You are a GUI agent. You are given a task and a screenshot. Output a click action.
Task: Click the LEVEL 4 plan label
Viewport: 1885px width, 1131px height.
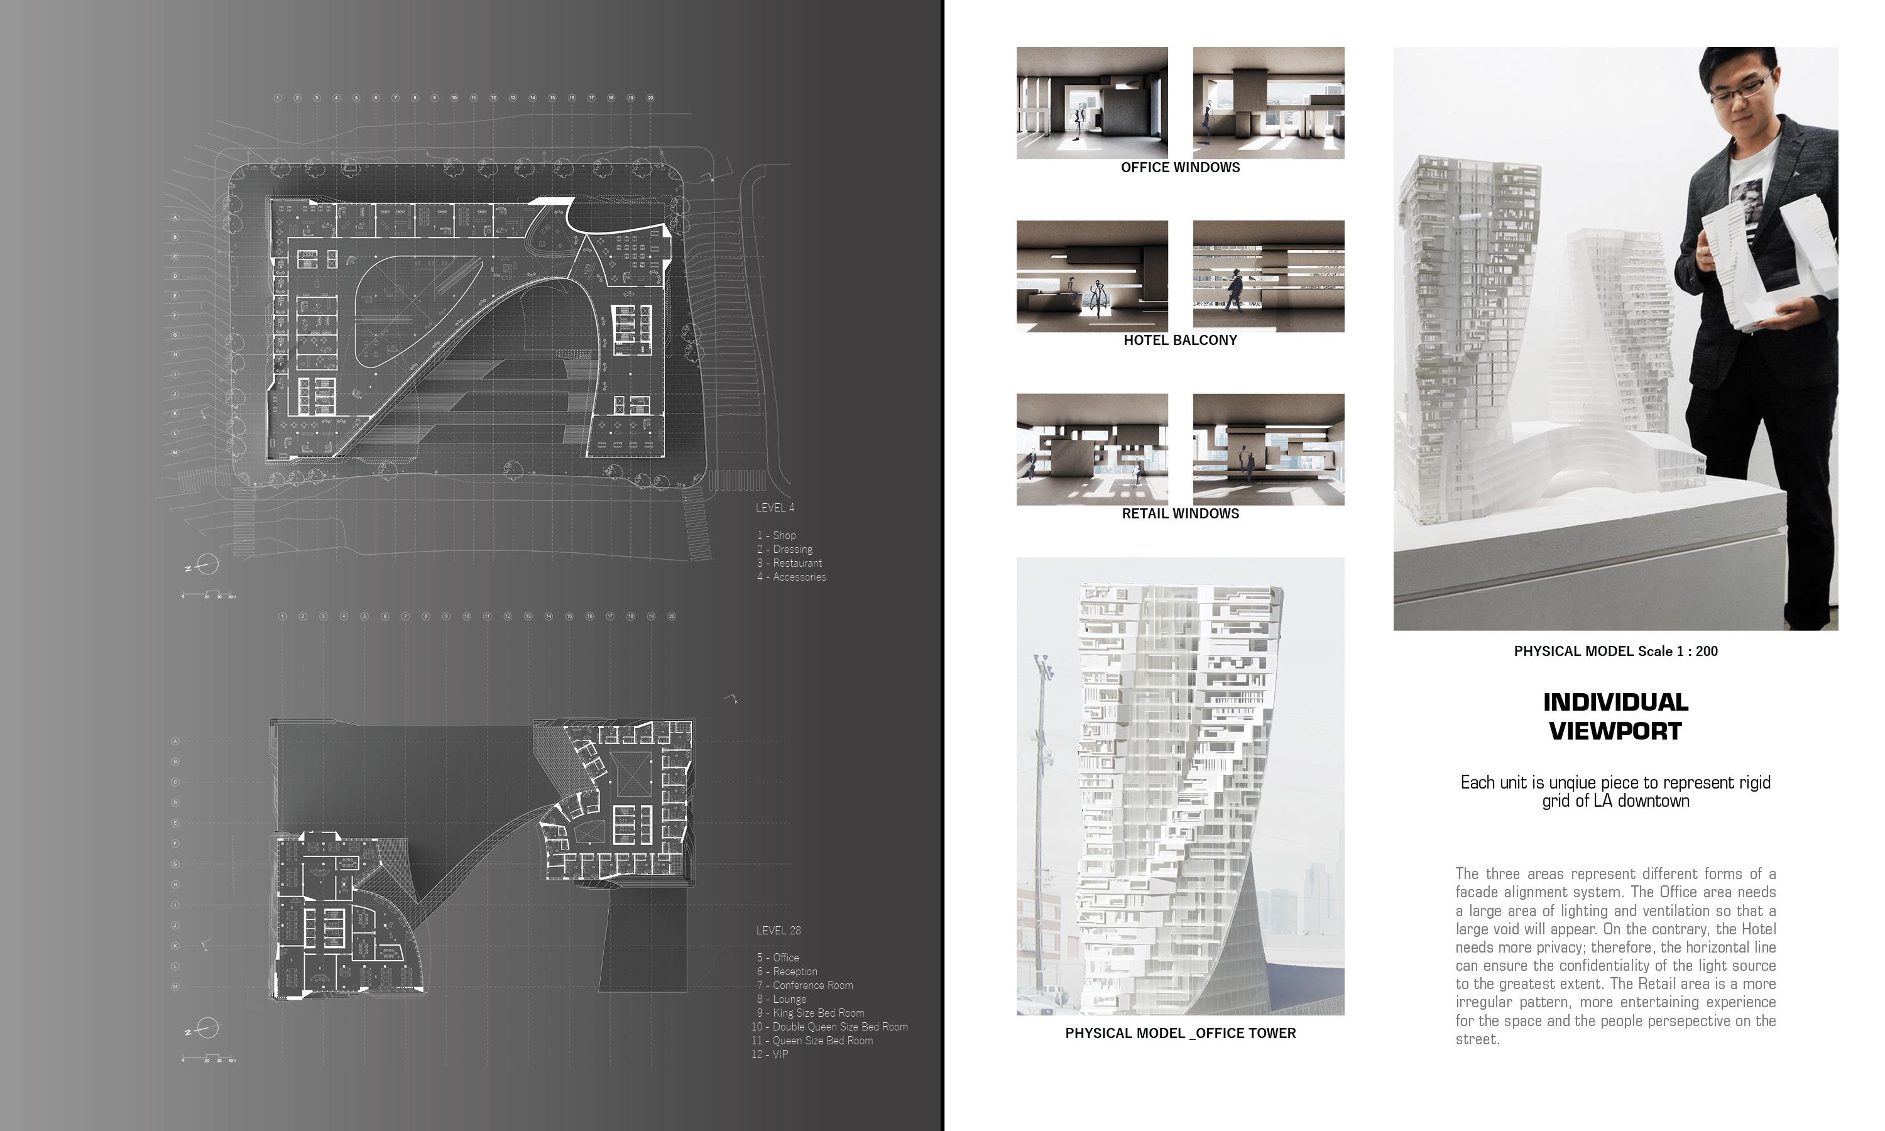pos(775,508)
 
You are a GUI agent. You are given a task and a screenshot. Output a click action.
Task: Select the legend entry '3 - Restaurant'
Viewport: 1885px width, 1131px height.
pos(789,563)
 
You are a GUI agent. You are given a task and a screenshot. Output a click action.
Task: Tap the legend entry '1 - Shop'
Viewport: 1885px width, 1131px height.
pos(777,535)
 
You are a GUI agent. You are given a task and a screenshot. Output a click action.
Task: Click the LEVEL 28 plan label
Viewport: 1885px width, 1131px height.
pos(778,930)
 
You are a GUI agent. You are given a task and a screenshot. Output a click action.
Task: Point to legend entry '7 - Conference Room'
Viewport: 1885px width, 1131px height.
pos(805,985)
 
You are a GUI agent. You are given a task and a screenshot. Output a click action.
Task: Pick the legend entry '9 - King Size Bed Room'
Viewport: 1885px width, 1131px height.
pos(810,1013)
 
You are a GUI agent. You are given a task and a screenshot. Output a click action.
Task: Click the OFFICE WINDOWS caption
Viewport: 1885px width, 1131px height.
pos(1179,168)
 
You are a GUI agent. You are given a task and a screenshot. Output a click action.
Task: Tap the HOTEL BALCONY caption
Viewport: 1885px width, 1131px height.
pos(1179,341)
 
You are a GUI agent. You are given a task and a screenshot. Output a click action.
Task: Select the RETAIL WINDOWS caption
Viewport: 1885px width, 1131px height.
pos(1179,514)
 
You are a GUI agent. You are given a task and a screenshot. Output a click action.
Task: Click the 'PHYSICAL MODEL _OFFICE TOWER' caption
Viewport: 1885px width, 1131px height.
pos(1179,1034)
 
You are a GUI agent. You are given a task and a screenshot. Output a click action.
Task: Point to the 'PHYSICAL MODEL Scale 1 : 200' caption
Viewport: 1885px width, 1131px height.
pos(1615,652)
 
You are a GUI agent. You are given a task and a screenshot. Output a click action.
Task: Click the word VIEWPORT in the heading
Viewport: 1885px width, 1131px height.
pos(1615,731)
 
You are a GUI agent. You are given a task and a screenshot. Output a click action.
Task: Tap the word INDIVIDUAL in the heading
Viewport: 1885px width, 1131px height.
pos(1615,702)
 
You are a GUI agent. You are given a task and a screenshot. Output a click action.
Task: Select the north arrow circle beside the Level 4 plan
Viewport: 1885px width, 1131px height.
pos(207,565)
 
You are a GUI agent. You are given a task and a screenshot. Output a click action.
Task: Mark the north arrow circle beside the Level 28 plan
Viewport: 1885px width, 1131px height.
pos(207,1029)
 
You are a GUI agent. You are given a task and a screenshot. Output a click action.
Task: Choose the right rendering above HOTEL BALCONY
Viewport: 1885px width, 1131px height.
pos(1268,276)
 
